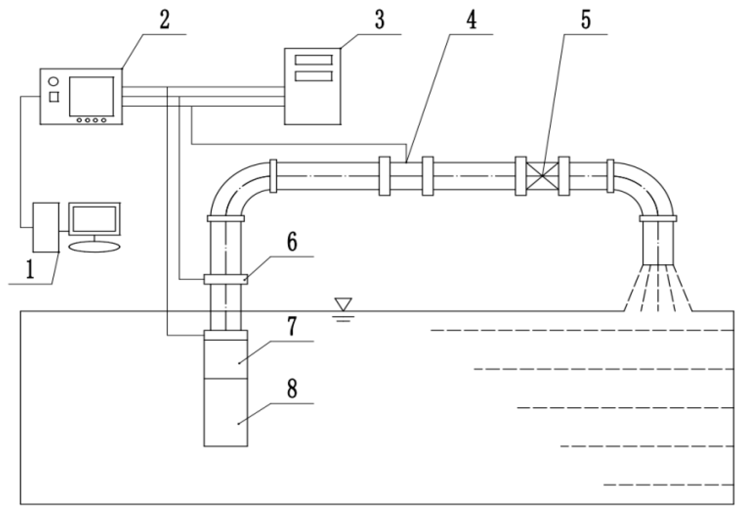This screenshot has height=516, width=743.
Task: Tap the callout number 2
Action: pyautogui.click(x=164, y=20)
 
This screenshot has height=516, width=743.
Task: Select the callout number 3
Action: pyautogui.click(x=380, y=20)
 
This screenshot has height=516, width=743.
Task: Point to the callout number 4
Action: pyautogui.click(x=472, y=20)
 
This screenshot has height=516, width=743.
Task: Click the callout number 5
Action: pyautogui.click(x=586, y=20)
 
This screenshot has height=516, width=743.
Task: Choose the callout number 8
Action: pyautogui.click(x=291, y=389)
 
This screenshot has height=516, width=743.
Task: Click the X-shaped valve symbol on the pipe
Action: pyautogui.click(x=542, y=176)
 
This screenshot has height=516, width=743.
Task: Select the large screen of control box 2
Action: pyautogui.click(x=91, y=96)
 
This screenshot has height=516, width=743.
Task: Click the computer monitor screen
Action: pyautogui.click(x=94, y=219)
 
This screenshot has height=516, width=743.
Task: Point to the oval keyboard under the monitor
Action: pyautogui.click(x=94, y=247)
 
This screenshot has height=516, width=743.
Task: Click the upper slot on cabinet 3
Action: pyautogui.click(x=313, y=60)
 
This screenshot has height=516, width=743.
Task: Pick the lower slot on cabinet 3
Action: pyautogui.click(x=313, y=76)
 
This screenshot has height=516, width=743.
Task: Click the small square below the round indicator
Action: pyautogui.click(x=54, y=97)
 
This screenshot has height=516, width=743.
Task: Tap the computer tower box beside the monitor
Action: pyautogui.click(x=46, y=227)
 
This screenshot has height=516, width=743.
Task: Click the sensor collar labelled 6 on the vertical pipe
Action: pyautogui.click(x=226, y=279)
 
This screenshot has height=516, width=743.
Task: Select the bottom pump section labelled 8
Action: pyautogui.click(x=226, y=412)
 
